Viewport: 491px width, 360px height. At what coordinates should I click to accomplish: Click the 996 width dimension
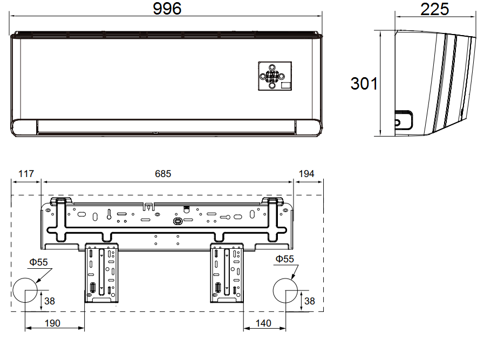coord(167,9)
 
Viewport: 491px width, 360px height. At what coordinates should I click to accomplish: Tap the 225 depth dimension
coord(435,9)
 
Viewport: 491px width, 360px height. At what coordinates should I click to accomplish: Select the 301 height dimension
coord(364,84)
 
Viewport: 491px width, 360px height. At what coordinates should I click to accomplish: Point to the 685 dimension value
coord(163,174)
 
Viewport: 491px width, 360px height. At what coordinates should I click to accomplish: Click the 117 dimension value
coord(26,174)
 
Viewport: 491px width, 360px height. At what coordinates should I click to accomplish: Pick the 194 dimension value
coord(306,174)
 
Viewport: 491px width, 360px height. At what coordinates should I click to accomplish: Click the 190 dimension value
coord(52,323)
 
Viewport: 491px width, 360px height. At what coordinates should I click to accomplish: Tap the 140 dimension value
coord(263,323)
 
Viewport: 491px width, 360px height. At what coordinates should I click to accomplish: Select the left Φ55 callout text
coord(38,262)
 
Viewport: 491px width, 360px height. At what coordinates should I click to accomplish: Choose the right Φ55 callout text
coord(285,259)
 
